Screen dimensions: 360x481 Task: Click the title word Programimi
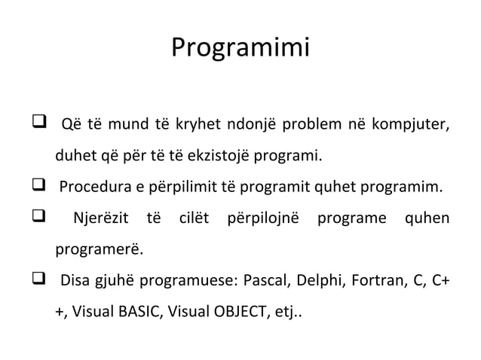tap(240, 48)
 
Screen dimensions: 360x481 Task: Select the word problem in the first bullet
tap(314, 124)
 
